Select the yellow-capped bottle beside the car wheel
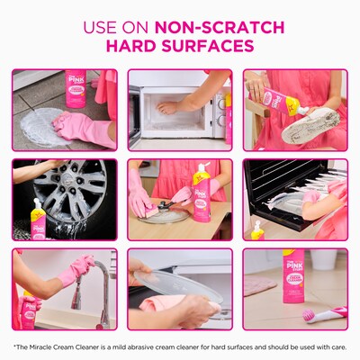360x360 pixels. pos(39,220)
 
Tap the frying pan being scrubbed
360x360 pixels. pos(166,214)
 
